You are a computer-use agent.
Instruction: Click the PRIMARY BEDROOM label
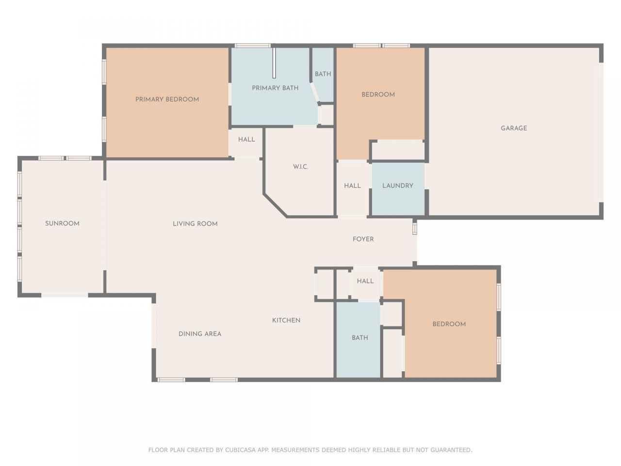click(167, 100)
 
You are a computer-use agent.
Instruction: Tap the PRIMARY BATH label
click(275, 88)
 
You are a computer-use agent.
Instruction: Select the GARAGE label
click(514, 128)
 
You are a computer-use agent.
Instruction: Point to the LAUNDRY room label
click(398, 185)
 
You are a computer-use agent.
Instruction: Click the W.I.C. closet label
click(301, 166)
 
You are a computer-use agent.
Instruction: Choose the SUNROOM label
click(62, 224)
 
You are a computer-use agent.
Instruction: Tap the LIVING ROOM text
click(195, 224)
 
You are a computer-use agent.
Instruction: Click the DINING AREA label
click(200, 334)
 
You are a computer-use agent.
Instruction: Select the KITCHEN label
click(286, 320)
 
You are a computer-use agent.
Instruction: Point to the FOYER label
click(363, 239)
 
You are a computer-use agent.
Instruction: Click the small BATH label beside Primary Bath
click(323, 74)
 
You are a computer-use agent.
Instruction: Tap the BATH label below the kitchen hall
click(360, 338)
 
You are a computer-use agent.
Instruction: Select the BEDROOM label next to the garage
click(378, 95)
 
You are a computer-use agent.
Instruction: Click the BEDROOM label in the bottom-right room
click(449, 324)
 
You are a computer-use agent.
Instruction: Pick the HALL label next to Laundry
click(353, 185)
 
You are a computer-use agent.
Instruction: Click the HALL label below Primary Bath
click(246, 140)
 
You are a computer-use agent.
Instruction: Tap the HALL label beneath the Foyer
click(365, 281)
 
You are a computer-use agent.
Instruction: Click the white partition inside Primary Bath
click(274, 63)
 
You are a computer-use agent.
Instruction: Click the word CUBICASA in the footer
click(242, 450)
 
